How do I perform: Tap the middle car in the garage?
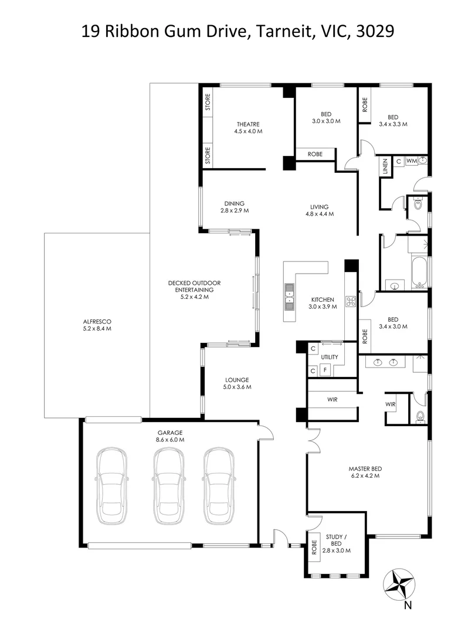(x=167, y=486)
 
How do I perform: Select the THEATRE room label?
(x=248, y=124)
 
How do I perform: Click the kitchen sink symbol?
(x=289, y=295)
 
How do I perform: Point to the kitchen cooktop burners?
(x=351, y=301)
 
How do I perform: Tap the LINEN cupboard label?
(x=386, y=167)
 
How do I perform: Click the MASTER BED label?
(x=365, y=468)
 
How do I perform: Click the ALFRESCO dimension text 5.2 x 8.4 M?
(x=97, y=328)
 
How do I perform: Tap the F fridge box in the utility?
(x=326, y=370)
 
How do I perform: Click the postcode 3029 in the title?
(x=374, y=31)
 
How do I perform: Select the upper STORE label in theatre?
(x=207, y=101)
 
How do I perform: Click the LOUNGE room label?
(x=236, y=379)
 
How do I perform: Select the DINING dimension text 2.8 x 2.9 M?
(x=235, y=210)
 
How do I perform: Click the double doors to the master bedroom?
(x=313, y=437)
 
